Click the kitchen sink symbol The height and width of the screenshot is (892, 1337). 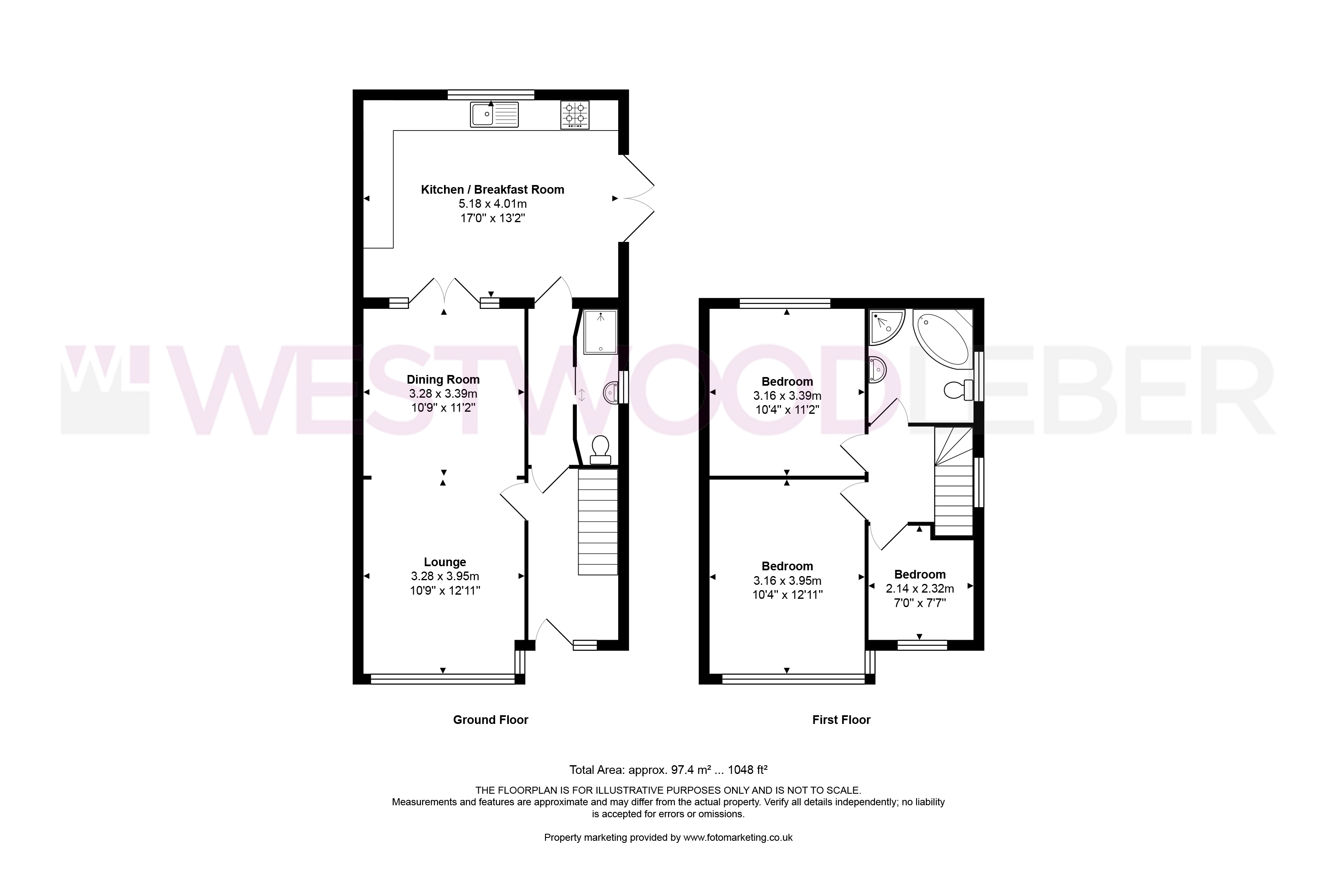[494, 114]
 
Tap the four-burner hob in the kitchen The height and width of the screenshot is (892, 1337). [575, 115]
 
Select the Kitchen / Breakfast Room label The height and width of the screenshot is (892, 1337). [492, 190]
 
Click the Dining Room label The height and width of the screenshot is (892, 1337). [443, 380]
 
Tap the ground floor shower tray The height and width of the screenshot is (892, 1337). [600, 332]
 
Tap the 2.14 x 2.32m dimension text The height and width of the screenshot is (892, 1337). [920, 589]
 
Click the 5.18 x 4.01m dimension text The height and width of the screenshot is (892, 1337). [493, 204]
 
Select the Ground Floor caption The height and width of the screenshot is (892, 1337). [491, 720]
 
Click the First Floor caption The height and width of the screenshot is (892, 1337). [841, 720]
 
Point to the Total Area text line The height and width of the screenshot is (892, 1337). [668, 770]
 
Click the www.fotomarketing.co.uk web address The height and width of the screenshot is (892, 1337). [738, 837]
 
